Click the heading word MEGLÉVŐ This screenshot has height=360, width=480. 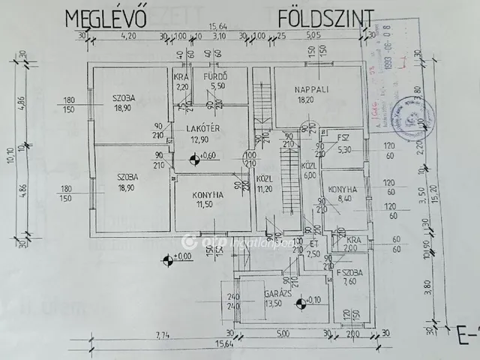[117, 17]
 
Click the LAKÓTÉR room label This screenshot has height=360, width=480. [202, 128]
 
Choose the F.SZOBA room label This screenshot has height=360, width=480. [349, 272]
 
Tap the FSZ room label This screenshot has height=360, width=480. [344, 138]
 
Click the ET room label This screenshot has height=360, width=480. [315, 244]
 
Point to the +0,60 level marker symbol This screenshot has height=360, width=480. [195, 157]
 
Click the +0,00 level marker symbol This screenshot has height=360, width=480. [166, 259]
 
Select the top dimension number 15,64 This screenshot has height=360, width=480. [217, 25]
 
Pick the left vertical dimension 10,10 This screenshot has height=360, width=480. [10, 155]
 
